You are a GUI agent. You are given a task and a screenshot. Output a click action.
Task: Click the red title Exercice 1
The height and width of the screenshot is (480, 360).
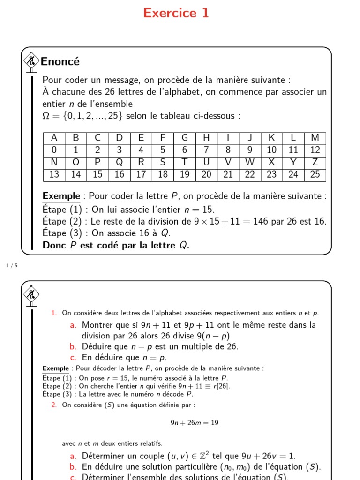pyautogui.click(x=176, y=13)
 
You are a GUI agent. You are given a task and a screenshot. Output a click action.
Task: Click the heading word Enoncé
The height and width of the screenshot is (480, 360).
pyautogui.click(x=60, y=61)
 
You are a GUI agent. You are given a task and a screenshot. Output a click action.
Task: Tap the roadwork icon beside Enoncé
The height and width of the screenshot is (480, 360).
pyautogui.click(x=31, y=61)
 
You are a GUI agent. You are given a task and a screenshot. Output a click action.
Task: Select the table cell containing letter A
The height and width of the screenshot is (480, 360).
pyautogui.click(x=54, y=138)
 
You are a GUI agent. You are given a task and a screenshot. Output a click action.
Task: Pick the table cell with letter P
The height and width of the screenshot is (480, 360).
pyautogui.click(x=97, y=163)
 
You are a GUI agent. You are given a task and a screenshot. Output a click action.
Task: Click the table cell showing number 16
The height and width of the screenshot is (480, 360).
pyautogui.click(x=120, y=175)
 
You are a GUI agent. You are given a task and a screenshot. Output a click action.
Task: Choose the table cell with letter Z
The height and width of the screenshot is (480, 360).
pyautogui.click(x=315, y=163)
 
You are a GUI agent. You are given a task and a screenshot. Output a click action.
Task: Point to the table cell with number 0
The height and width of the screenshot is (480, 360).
pyautogui.click(x=54, y=150)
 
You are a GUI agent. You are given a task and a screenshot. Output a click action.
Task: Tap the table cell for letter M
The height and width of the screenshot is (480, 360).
pyautogui.click(x=315, y=138)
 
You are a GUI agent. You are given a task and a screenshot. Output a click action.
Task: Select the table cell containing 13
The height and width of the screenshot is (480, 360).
pyautogui.click(x=54, y=175)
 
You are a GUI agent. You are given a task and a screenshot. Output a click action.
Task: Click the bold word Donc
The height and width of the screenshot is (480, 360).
pyautogui.click(x=54, y=245)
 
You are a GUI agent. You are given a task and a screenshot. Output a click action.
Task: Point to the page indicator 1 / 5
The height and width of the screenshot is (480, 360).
pyautogui.click(x=11, y=266)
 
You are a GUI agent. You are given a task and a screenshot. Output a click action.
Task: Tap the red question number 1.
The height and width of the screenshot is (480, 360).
pyautogui.click(x=54, y=313)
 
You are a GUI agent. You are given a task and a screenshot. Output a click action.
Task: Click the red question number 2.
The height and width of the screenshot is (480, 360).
pyautogui.click(x=54, y=405)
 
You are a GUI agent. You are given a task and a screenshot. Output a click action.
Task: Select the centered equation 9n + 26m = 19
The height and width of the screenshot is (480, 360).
pyautogui.click(x=195, y=422)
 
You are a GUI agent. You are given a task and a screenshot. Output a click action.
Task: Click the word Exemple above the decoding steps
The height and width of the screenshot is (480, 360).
pyautogui.click(x=55, y=368)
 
